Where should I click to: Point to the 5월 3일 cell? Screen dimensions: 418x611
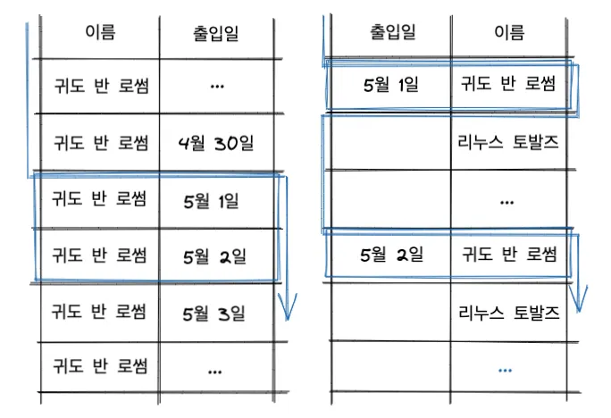coord(213,313)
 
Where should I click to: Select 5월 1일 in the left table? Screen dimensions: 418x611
coord(213,200)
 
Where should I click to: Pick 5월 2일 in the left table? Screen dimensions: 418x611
coord(213,257)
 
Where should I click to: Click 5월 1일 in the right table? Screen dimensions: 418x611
coord(390,86)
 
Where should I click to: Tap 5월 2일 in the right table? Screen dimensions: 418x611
coord(390,255)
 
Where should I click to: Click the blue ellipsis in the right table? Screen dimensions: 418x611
coord(506,368)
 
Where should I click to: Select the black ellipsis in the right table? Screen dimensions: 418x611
coord(507,202)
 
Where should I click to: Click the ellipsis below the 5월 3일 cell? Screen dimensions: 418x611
coord(214,368)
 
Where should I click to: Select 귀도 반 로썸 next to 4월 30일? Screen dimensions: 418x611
coord(99,142)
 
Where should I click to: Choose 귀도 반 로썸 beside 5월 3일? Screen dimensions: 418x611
coord(99,313)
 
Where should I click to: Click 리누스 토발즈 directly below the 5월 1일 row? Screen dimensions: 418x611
coord(508,142)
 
